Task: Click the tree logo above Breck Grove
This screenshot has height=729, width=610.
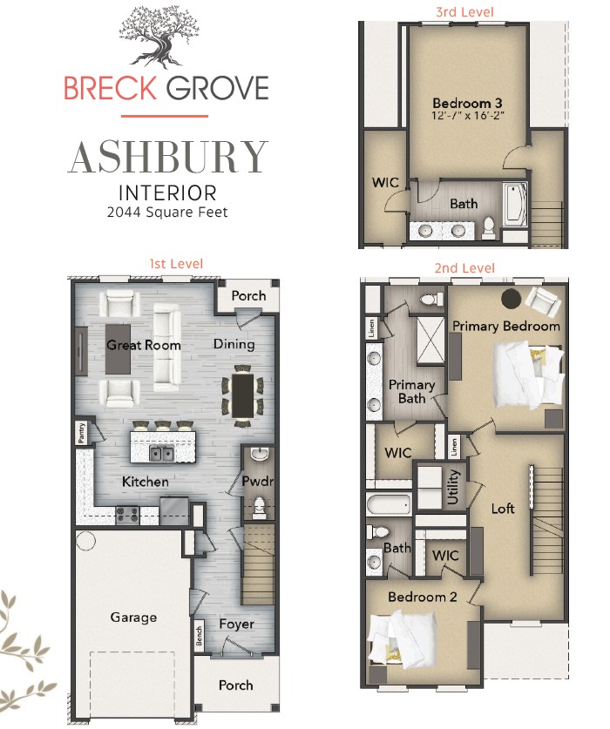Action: click(x=159, y=37)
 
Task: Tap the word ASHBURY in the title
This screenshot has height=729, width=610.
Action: click(x=168, y=157)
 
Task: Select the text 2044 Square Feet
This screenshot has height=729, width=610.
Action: click(x=167, y=213)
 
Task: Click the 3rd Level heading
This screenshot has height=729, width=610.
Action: click(x=464, y=11)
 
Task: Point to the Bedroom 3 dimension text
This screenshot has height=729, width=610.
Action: click(x=468, y=116)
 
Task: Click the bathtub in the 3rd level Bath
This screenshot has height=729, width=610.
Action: click(x=515, y=205)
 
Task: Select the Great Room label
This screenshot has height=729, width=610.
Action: click(x=143, y=345)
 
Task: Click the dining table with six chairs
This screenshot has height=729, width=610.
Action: click(x=242, y=395)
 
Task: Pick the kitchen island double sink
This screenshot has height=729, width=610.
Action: click(x=161, y=452)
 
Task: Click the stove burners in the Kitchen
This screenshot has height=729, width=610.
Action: click(x=127, y=515)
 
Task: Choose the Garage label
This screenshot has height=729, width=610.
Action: click(x=133, y=618)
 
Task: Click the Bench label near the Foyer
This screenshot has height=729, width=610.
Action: click(x=200, y=636)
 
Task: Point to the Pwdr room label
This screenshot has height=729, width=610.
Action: click(x=257, y=481)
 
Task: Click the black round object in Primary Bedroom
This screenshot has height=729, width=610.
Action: click(x=511, y=299)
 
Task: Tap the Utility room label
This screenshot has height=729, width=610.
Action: click(x=453, y=487)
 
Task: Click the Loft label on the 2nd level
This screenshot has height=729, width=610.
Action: click(x=503, y=508)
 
